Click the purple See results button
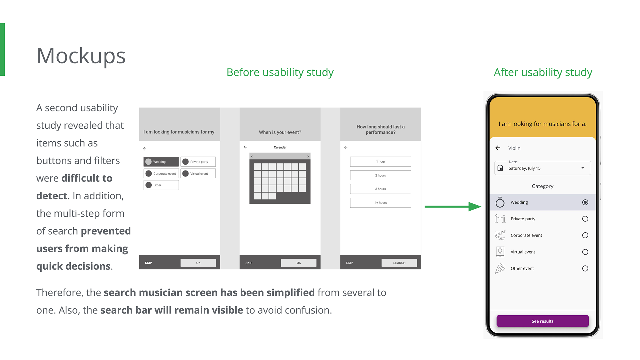(542, 321)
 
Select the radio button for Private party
(585, 219)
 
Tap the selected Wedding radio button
(585, 202)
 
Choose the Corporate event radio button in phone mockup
(585, 235)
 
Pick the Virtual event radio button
(585, 252)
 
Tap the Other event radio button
(585, 268)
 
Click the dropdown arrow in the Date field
(583, 168)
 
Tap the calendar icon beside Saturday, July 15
(500, 168)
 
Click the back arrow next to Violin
(498, 148)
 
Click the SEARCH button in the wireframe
(399, 263)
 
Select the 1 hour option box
(380, 162)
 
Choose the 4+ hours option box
(380, 203)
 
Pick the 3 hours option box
(380, 189)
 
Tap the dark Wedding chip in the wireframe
(161, 162)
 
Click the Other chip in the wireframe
(161, 185)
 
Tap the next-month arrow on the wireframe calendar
(308, 156)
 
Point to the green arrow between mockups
(453, 207)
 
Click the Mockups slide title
(81, 56)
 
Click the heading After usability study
(543, 72)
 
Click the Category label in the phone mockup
(542, 186)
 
